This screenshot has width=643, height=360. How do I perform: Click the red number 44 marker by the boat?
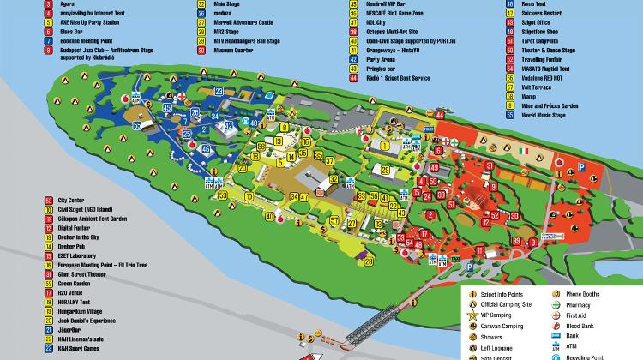tap(440, 114)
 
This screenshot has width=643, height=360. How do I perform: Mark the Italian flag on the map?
tap(521, 152)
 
